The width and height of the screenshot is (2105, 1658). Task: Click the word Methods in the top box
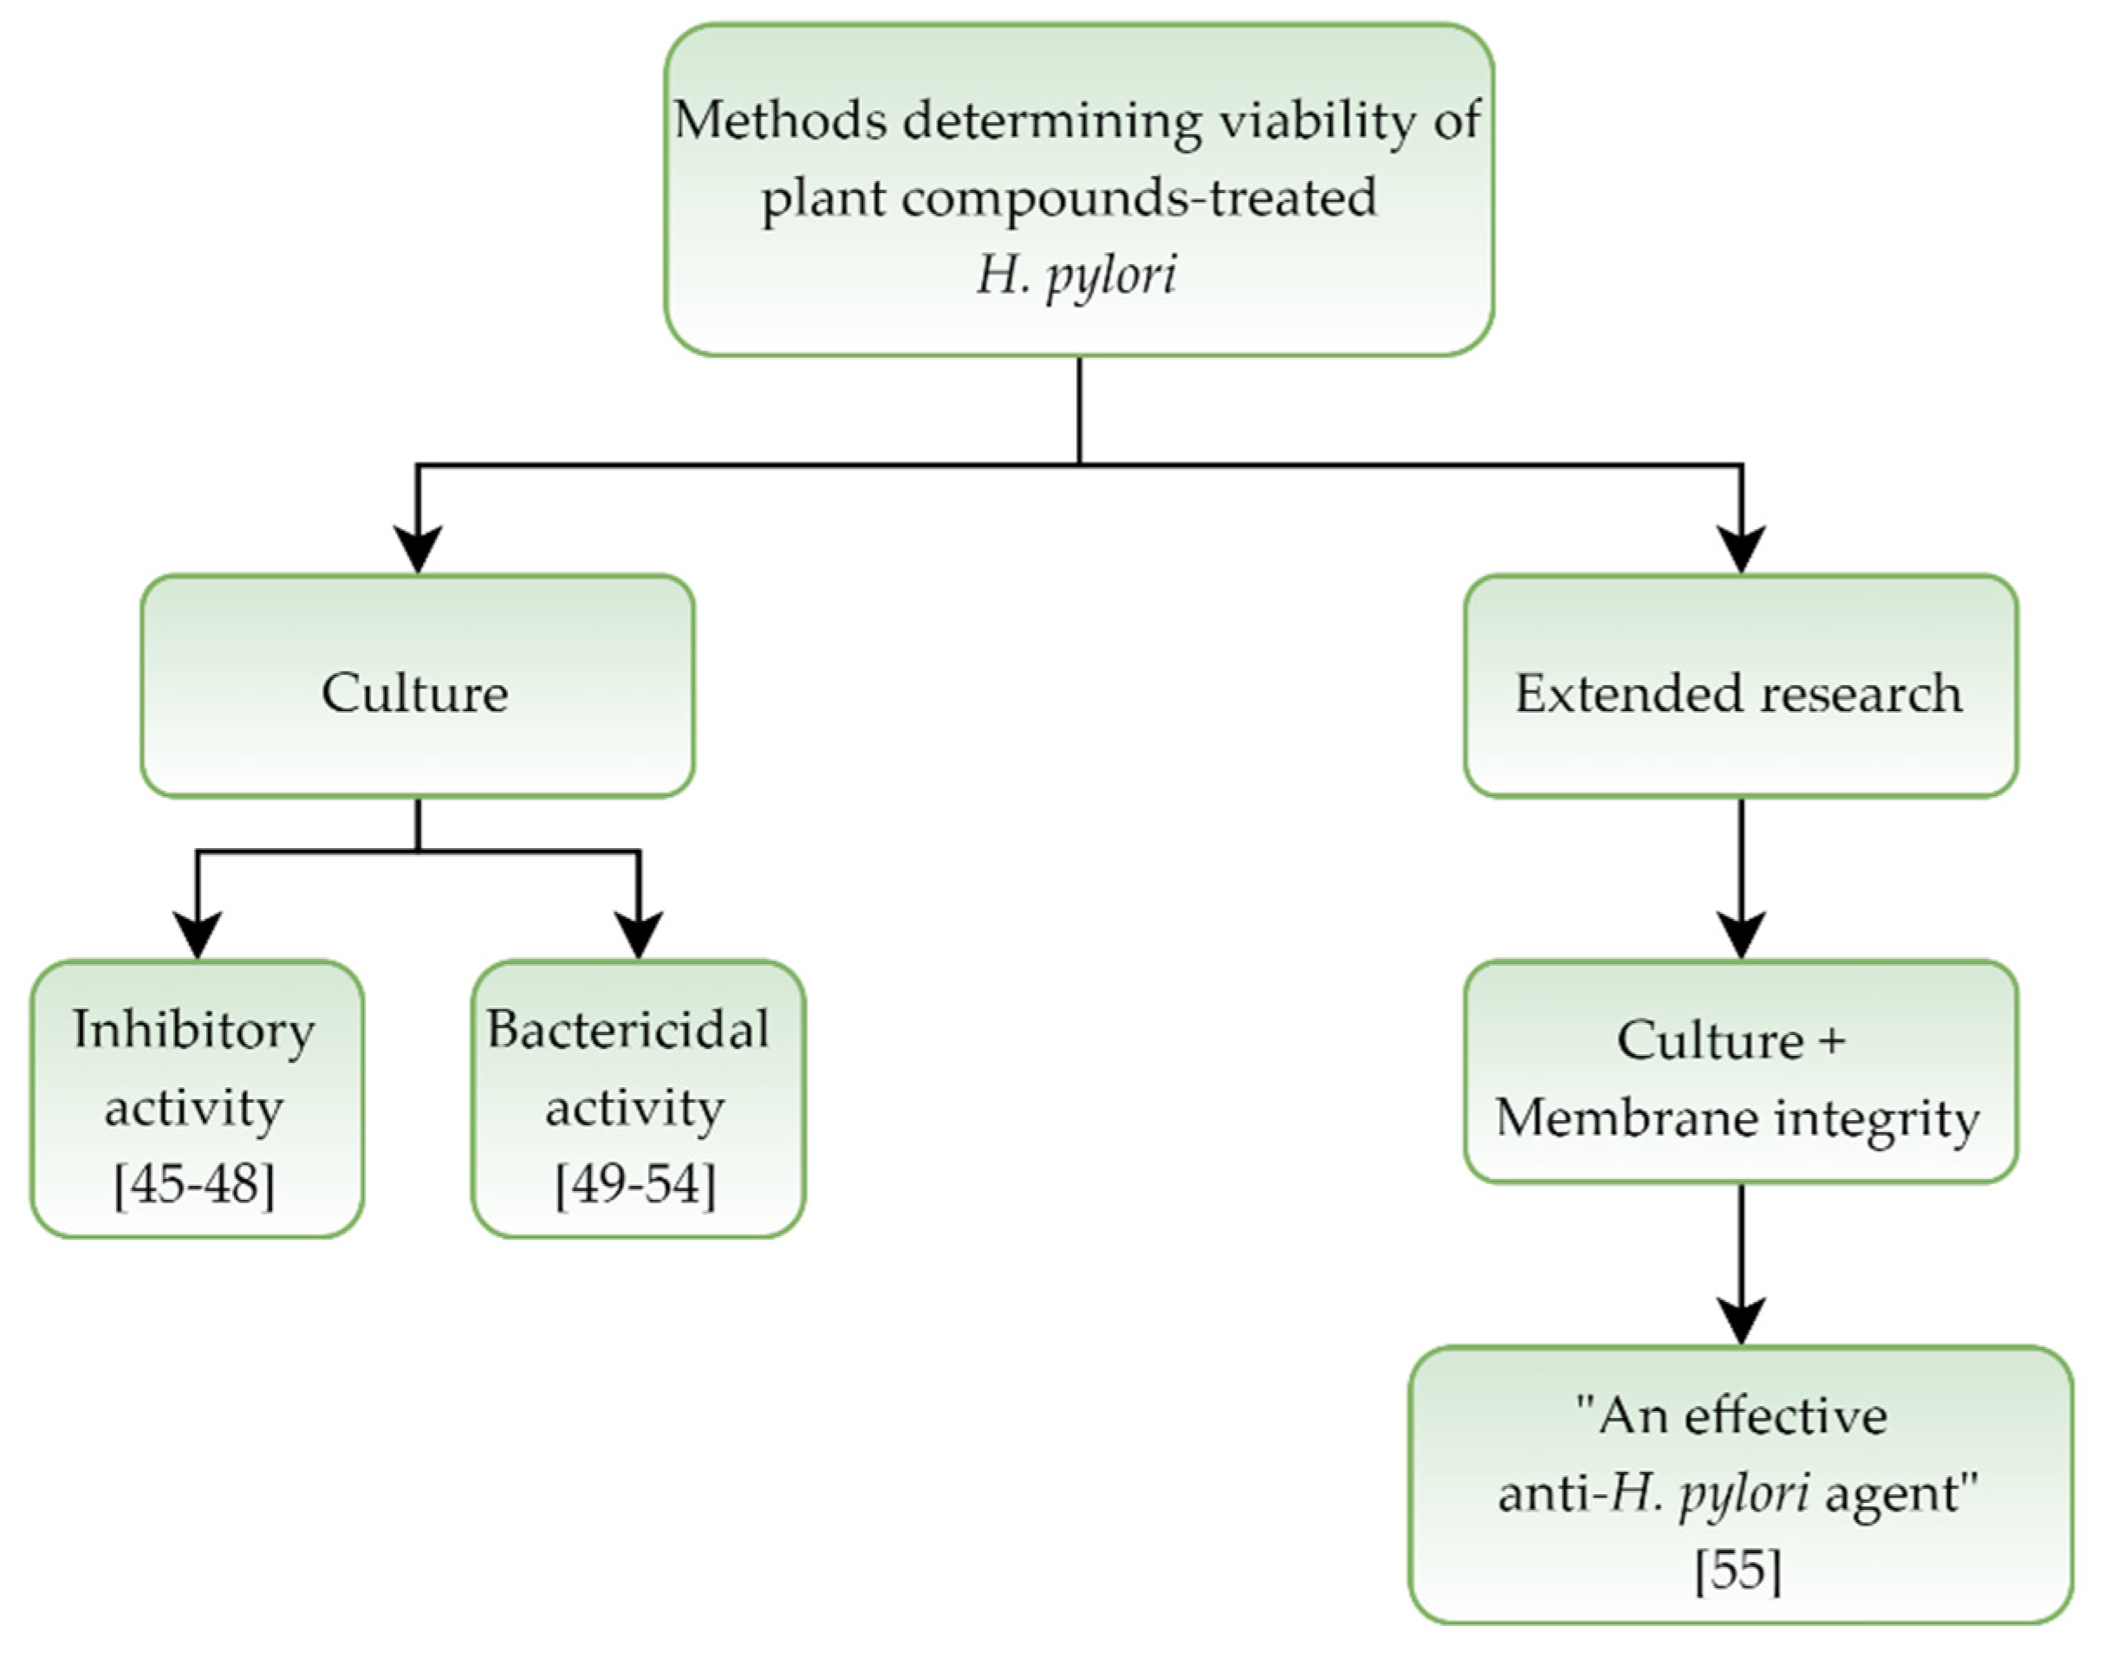780,122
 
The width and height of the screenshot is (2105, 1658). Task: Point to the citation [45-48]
194,1183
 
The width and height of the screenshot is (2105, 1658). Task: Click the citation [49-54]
635,1183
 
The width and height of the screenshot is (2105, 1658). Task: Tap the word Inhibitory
194,1030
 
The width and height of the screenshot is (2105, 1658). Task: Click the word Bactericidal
628,1030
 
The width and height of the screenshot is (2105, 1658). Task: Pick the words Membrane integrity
1737,1118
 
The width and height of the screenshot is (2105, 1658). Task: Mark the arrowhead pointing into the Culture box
418,549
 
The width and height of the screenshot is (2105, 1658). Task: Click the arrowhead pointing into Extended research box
1741,549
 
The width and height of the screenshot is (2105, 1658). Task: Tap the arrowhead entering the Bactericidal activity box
638,935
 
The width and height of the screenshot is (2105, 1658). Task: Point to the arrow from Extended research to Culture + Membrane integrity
1741,874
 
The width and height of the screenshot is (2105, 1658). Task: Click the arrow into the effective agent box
1741,1262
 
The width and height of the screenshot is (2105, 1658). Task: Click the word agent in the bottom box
1901,1492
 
